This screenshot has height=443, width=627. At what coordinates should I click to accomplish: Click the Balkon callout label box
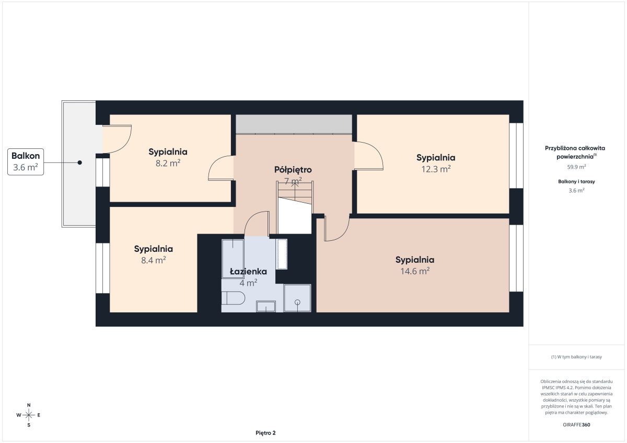[26, 162]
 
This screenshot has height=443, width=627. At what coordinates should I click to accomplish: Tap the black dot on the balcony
[80, 162]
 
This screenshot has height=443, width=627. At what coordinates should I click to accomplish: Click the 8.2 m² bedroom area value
[168, 163]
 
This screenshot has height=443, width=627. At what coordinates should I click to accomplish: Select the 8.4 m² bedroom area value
[154, 260]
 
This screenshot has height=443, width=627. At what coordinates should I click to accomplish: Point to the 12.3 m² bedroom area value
[436, 169]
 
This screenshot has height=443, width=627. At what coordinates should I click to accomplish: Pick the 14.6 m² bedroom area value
[415, 271]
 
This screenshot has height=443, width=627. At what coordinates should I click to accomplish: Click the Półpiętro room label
[293, 170]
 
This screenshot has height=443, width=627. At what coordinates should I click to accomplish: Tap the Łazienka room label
[248, 272]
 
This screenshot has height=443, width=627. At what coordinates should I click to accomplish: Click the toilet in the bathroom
[233, 298]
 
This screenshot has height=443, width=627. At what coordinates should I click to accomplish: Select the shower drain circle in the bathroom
[297, 302]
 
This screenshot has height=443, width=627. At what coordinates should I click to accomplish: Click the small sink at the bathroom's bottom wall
[266, 306]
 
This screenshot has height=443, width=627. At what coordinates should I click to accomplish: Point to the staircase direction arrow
[295, 191]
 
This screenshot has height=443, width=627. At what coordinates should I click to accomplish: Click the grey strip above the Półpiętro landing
[294, 124]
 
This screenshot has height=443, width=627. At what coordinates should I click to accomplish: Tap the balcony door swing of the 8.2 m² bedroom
[117, 139]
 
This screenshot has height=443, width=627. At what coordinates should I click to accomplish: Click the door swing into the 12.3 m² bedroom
[369, 156]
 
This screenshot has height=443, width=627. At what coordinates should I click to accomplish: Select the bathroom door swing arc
[257, 223]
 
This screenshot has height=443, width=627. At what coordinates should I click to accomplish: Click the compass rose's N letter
[29, 405]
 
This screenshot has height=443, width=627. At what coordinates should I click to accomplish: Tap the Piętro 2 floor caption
[265, 433]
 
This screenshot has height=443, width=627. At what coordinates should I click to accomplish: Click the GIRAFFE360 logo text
[576, 425]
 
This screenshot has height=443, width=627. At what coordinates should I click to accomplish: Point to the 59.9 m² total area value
[576, 167]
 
